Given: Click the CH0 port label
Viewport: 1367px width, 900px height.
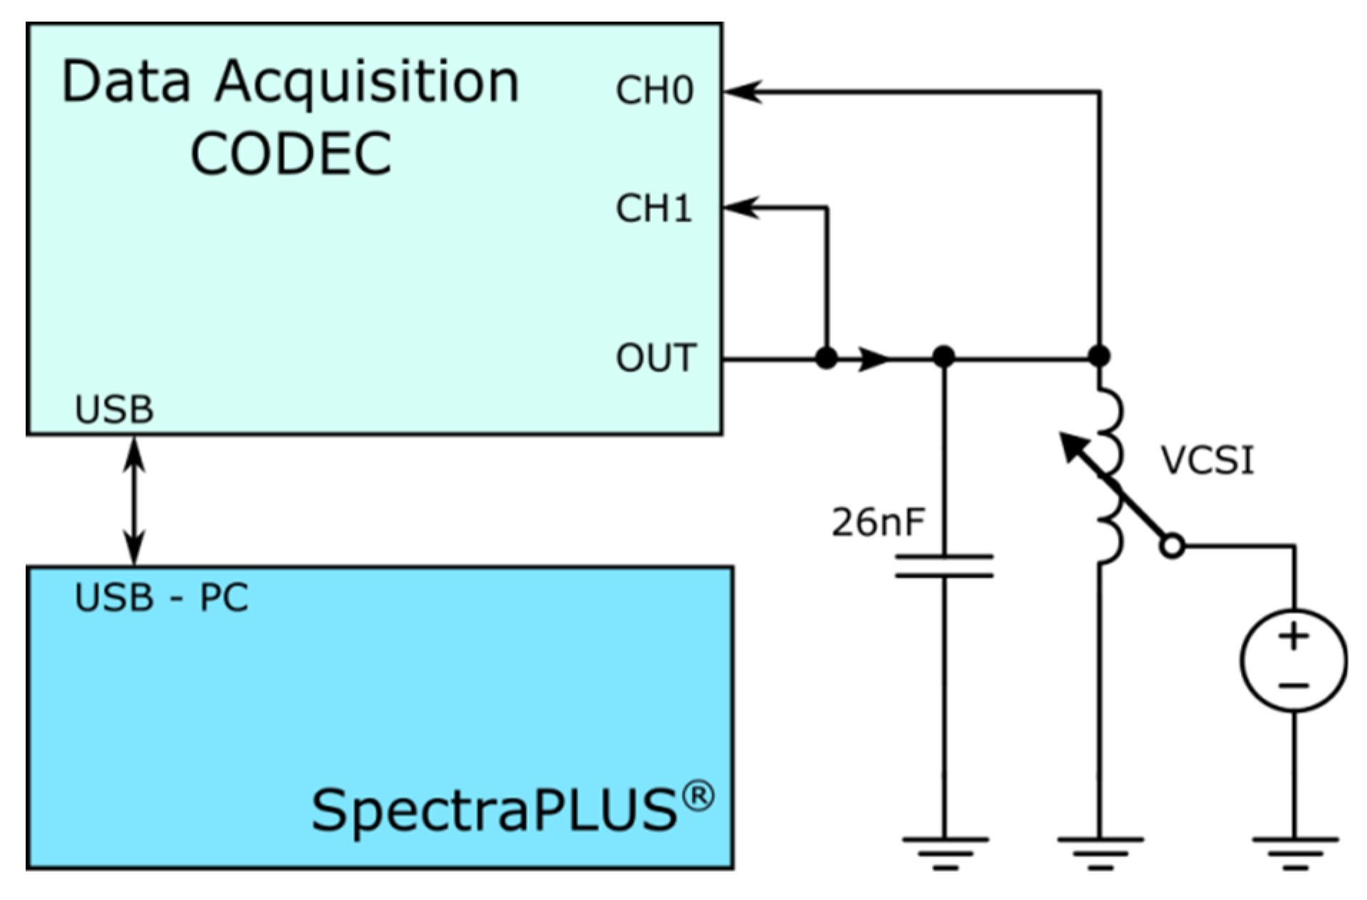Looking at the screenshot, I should (x=653, y=92).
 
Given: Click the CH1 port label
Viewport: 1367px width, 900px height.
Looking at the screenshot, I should (x=653, y=209).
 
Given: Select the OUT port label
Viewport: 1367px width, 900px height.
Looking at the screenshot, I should (x=655, y=358).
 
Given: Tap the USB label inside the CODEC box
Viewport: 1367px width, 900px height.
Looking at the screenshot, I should (x=114, y=410).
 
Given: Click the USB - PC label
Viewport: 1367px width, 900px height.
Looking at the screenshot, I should (x=162, y=598).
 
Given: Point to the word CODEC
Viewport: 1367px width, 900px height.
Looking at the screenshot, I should (x=291, y=154).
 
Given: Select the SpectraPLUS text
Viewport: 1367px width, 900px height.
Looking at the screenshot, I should (x=493, y=811).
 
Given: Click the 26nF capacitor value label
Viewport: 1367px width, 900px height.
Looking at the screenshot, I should (x=877, y=523).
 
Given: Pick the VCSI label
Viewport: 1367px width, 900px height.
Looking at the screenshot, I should (x=1207, y=460).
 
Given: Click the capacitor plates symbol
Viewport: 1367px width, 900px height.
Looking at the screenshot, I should (x=944, y=565).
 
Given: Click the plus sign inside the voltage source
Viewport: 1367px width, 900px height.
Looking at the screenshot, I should (x=1293, y=636).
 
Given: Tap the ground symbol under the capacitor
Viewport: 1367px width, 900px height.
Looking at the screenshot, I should (x=944, y=853).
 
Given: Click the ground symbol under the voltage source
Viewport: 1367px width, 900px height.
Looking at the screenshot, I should (x=1294, y=853).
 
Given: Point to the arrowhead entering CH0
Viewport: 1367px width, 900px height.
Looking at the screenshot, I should (x=741, y=92).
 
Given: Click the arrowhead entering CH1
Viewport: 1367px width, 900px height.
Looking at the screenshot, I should (x=740, y=209).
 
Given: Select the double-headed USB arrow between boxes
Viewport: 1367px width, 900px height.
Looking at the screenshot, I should (x=134, y=500).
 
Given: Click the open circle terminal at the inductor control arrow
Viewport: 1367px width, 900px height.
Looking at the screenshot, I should (x=1173, y=547).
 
